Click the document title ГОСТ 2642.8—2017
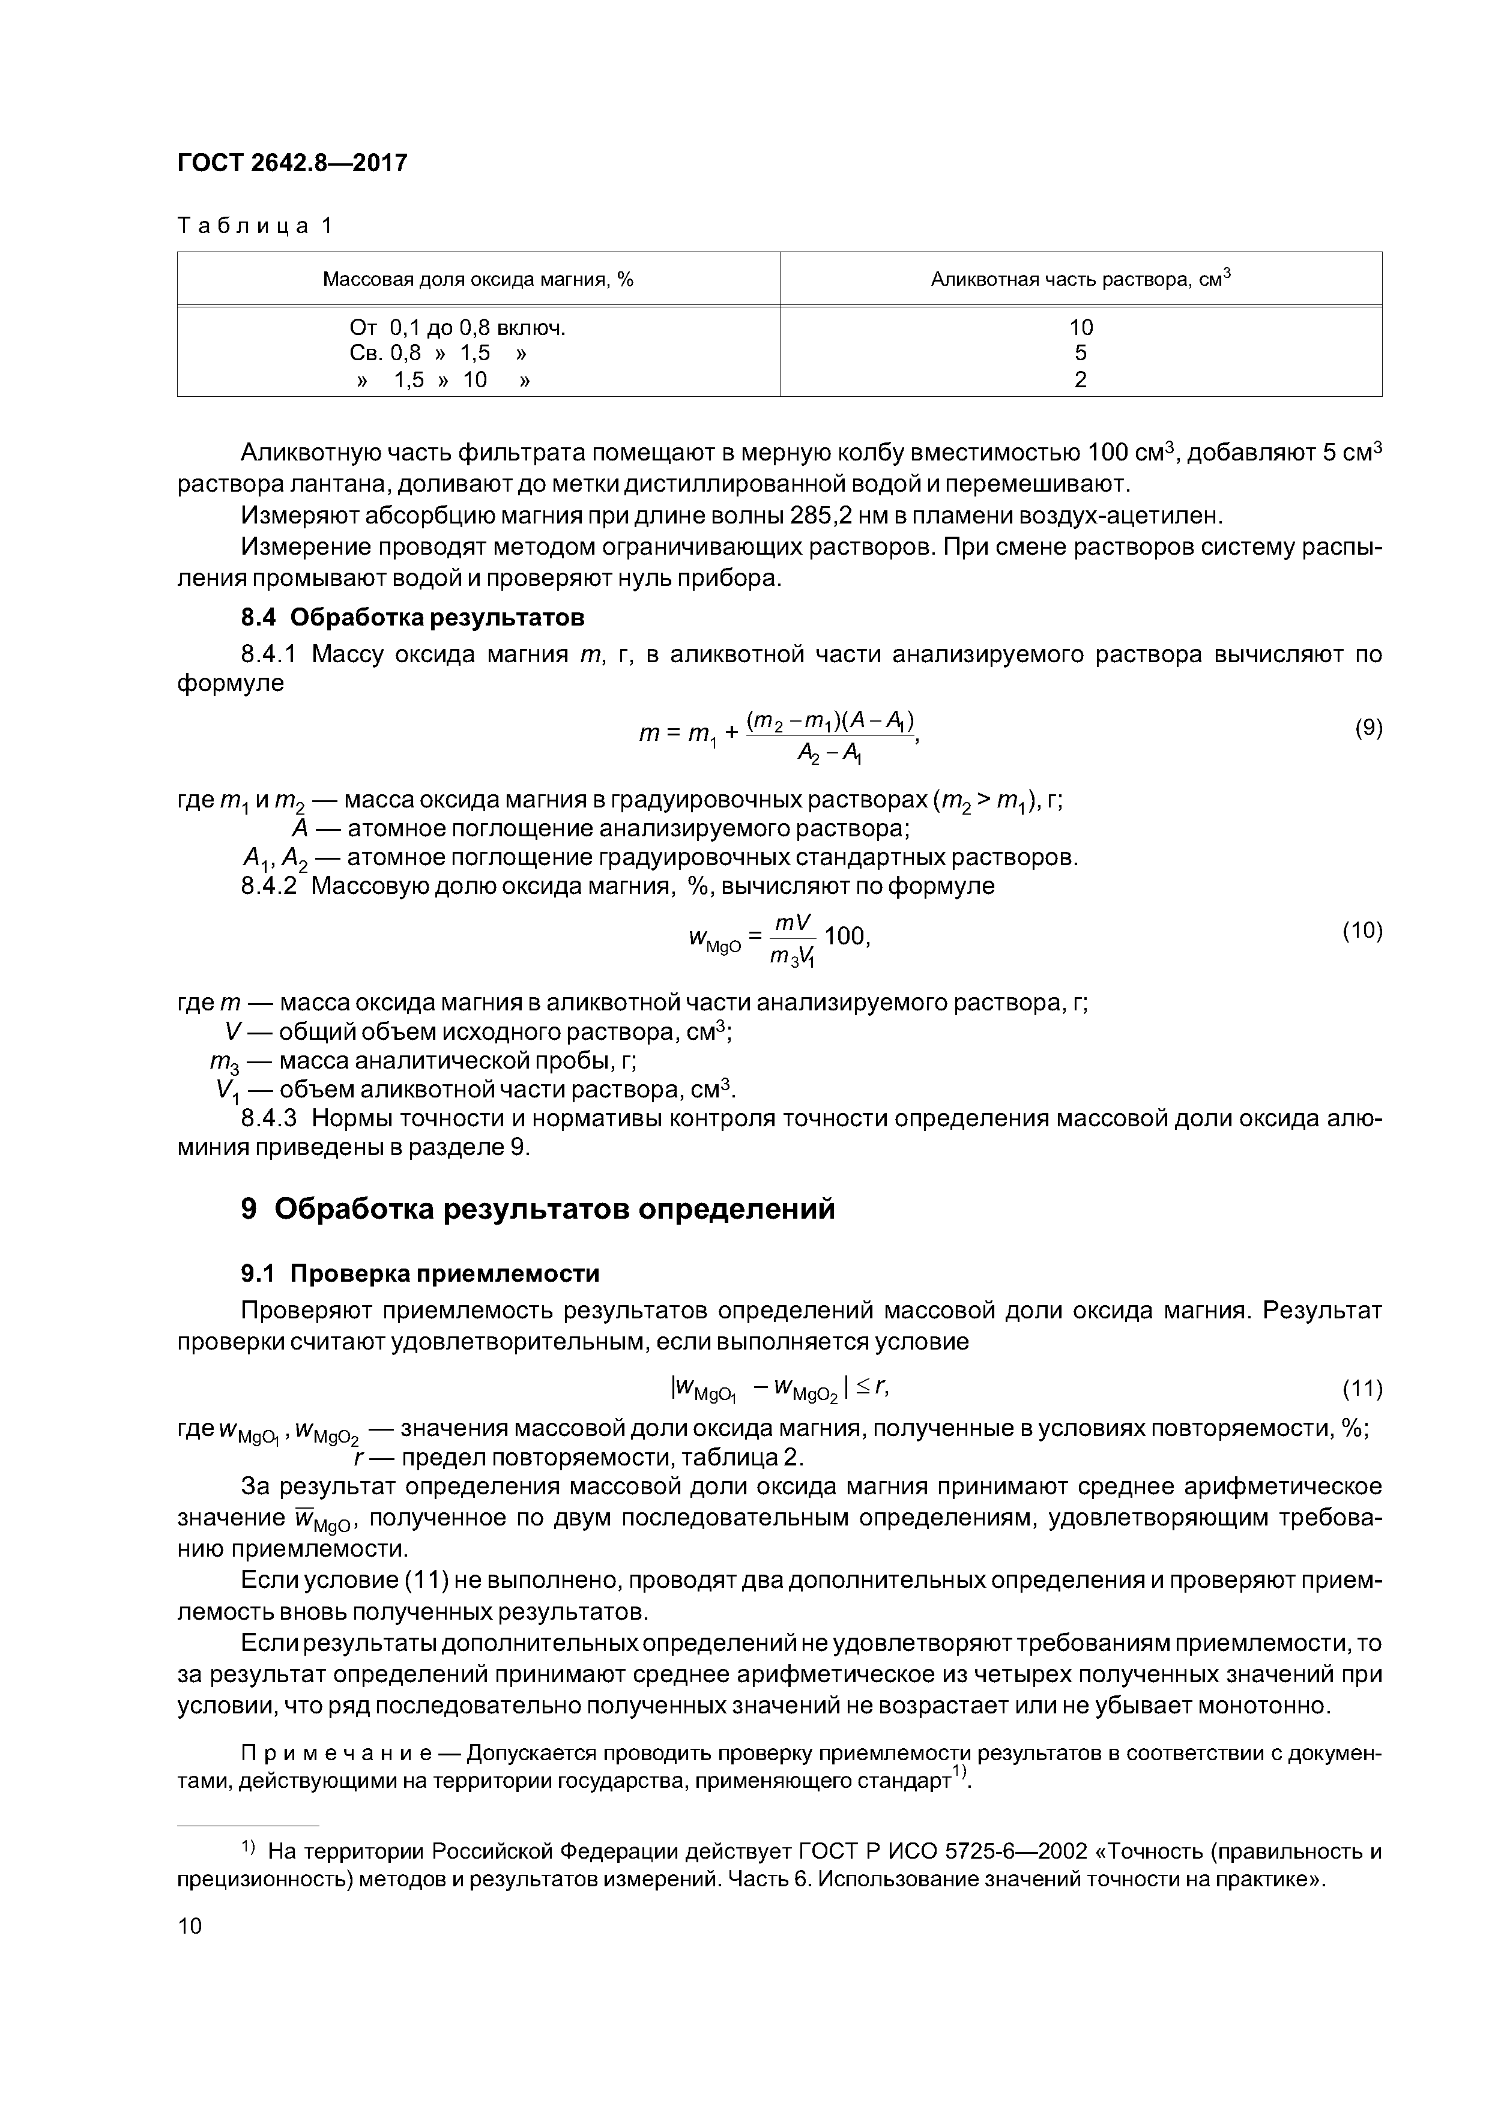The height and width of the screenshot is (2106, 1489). coord(292,163)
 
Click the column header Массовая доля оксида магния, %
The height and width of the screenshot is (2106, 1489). coord(478,279)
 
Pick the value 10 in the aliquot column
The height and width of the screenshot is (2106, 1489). coord(1081,327)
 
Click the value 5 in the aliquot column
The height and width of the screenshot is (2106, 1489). coord(1081,353)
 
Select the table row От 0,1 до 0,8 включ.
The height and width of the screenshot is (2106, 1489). coord(457,327)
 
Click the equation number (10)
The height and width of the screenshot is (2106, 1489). coord(1362,931)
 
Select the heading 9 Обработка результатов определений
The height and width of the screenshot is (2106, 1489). coord(537,1210)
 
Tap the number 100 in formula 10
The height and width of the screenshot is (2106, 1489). coord(844,937)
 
